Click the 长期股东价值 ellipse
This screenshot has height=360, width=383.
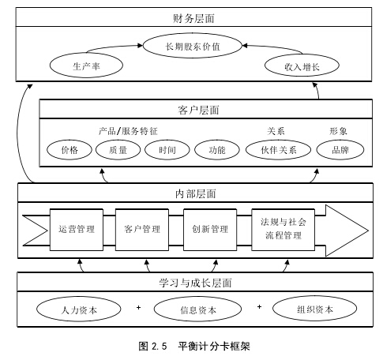pyautogui.click(x=193, y=46)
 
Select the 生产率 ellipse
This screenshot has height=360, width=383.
pyautogui.click(x=86, y=66)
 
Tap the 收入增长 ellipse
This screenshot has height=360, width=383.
pyautogui.click(x=302, y=66)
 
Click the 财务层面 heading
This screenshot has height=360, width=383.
pyautogui.click(x=193, y=18)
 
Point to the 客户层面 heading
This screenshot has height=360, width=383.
pyautogui.click(x=198, y=110)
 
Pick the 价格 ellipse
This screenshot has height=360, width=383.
pyautogui.click(x=69, y=150)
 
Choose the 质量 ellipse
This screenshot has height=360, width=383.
pyautogui.click(x=118, y=150)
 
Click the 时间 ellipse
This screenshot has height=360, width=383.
pyautogui.click(x=167, y=150)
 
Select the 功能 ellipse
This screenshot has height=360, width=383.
pyautogui.click(x=217, y=150)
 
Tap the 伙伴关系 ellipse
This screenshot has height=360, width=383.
pyautogui.click(x=278, y=150)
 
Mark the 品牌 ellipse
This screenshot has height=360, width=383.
pyautogui.click(x=340, y=150)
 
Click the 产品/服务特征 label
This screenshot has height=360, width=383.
pyautogui.click(x=128, y=131)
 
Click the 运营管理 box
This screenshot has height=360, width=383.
pyautogui.click(x=77, y=230)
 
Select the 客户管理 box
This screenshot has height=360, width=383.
pyautogui.click(x=142, y=230)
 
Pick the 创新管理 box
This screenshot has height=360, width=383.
pyautogui.click(x=210, y=230)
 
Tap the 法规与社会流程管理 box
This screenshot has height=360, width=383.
pyautogui.click(x=283, y=230)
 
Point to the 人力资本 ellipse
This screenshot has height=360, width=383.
pyautogui.click(x=79, y=309)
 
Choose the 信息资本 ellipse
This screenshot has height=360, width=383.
pyautogui.click(x=197, y=309)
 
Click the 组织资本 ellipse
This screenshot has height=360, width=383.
pyautogui.click(x=315, y=309)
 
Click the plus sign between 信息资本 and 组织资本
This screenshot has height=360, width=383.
pyautogui.click(x=259, y=307)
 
